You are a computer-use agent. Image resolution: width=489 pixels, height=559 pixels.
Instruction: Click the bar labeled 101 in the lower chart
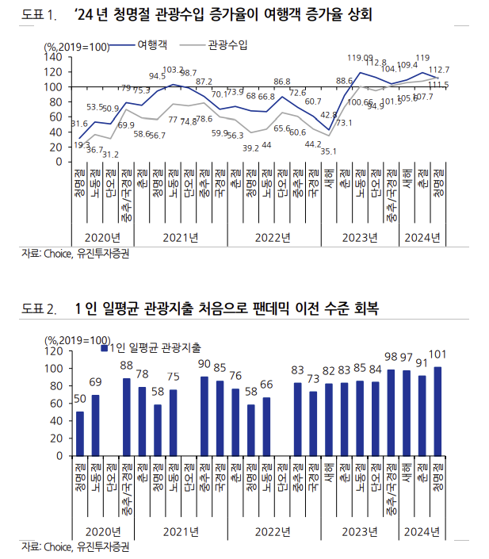tap(438, 412)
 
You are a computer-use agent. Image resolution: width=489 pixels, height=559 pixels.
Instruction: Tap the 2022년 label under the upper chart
tap(273, 237)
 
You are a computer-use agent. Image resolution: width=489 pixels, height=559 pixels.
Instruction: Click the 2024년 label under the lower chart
tap(422, 530)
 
